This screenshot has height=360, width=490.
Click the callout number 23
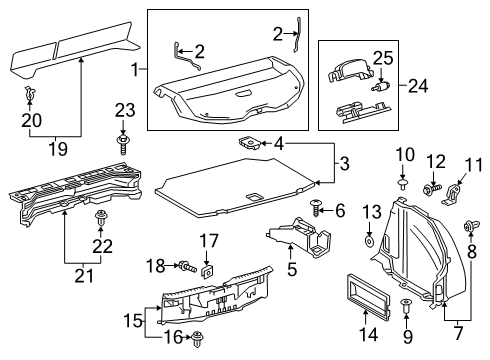124,110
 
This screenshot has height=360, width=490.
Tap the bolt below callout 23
124,146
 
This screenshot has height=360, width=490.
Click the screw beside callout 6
316,210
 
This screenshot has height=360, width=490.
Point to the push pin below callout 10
401,184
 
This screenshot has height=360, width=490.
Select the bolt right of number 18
189,266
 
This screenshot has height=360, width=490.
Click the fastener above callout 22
101,215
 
